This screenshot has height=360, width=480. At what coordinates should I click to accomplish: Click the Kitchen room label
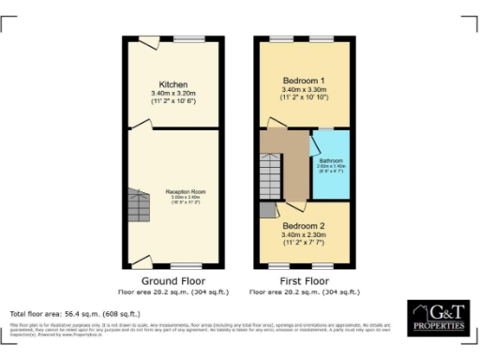[x=173, y=83]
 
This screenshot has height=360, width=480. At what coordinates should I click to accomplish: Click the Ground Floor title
[x=172, y=280]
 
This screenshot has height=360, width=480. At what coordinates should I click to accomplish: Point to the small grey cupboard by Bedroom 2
[x=267, y=212]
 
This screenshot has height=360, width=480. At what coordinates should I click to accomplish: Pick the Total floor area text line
[x=74, y=312]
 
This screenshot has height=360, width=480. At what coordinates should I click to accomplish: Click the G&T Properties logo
[x=438, y=318]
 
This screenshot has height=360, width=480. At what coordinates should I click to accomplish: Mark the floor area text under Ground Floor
[x=172, y=292]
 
